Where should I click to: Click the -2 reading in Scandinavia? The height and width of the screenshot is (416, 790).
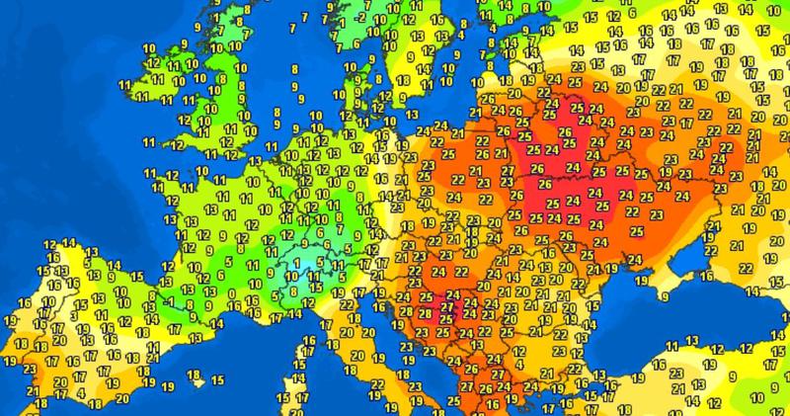[362, 17]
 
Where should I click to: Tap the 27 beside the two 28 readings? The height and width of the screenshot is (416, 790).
[447, 305]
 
